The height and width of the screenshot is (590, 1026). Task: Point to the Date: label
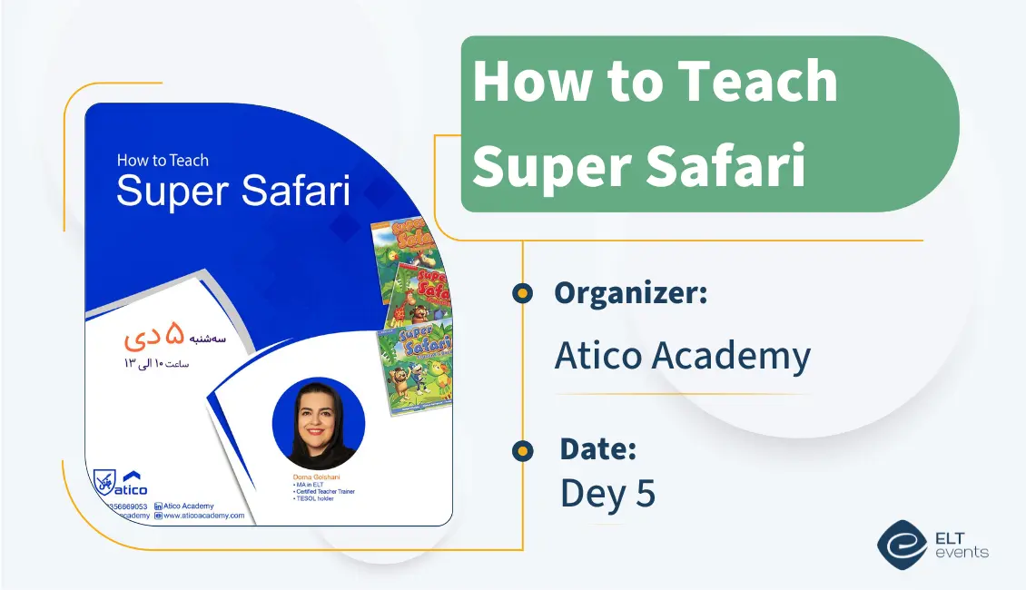597,448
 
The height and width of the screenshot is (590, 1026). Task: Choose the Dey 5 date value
607,493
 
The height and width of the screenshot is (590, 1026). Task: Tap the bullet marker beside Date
522,449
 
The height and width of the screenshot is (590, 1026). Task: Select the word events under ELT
961,552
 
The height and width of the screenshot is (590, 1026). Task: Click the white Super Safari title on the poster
233,192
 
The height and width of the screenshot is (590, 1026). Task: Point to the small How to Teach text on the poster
163,161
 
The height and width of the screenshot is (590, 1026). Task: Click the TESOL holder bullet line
315,498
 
